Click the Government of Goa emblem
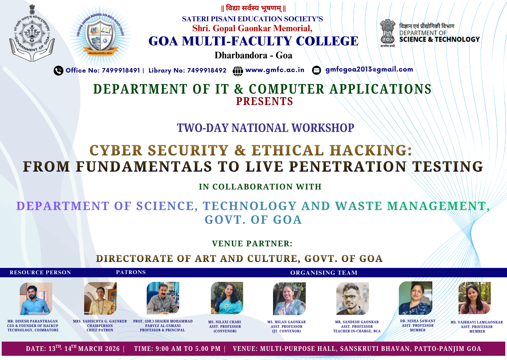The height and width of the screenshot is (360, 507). [x=32, y=33]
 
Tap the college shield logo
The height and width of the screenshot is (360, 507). [x=100, y=36]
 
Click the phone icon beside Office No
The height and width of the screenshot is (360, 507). [x=59, y=71]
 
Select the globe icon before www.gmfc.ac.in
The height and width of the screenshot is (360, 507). [x=238, y=71]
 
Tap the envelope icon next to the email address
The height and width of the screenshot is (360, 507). [x=317, y=70]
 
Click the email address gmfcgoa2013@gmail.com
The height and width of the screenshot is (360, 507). [x=369, y=70]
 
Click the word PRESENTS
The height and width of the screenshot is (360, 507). [x=264, y=101]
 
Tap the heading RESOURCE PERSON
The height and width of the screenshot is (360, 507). [x=40, y=272]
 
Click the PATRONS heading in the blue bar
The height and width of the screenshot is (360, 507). [x=131, y=272]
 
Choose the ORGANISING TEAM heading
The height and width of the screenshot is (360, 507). [x=324, y=273]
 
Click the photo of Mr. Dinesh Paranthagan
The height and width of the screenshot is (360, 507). [x=36, y=299]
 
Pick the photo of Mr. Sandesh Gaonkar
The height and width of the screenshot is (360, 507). [x=352, y=299]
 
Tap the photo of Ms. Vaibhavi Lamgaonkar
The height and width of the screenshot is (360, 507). [x=475, y=298]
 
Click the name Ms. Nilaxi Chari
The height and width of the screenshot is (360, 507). [x=225, y=322]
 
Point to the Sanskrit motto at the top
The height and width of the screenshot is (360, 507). [x=253, y=8]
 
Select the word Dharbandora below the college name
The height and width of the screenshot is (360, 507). [x=241, y=55]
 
